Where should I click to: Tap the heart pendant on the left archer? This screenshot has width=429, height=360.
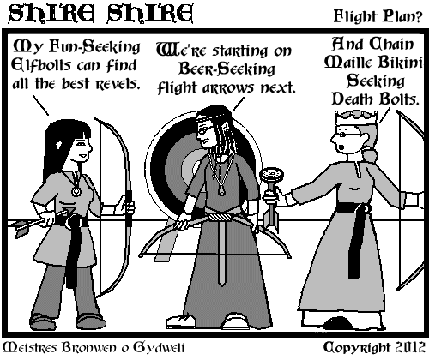(x=76, y=191)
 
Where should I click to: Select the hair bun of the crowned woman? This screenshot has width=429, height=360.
(x=370, y=156)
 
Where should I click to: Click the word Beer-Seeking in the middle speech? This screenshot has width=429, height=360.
(x=227, y=69)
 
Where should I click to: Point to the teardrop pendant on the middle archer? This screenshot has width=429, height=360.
(x=221, y=190)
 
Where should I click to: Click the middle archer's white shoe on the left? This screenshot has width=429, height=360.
(x=179, y=321)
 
